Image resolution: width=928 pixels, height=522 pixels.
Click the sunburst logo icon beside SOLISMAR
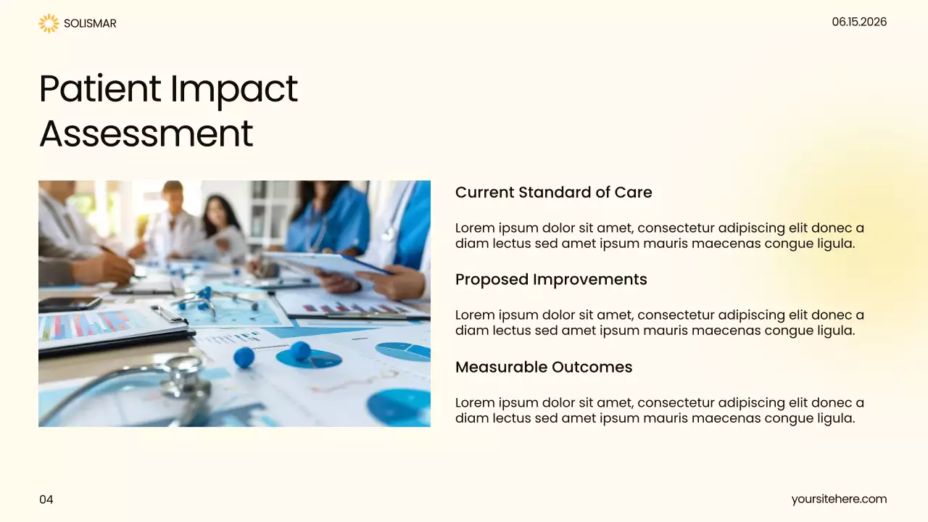click(49, 23)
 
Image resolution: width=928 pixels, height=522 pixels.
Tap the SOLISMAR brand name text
click(90, 23)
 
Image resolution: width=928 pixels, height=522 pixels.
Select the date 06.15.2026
click(859, 22)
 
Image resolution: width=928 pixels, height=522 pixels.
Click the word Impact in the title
click(233, 88)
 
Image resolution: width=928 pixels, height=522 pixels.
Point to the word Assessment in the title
click(146, 133)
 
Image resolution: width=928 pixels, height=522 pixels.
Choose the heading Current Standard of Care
click(553, 192)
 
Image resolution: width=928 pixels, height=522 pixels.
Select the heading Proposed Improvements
click(551, 279)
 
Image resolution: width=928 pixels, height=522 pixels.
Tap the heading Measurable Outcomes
click(544, 367)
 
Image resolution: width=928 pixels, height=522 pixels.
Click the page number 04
click(46, 500)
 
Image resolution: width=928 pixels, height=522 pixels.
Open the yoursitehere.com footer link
click(839, 499)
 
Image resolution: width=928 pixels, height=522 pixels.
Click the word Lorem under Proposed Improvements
click(474, 315)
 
